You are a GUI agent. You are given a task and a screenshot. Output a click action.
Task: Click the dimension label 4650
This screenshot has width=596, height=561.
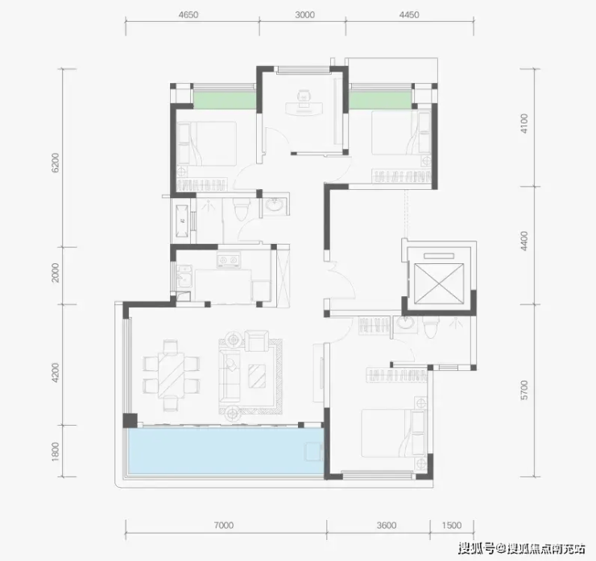(188, 14)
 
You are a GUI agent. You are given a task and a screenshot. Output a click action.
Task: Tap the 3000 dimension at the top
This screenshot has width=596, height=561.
(304, 14)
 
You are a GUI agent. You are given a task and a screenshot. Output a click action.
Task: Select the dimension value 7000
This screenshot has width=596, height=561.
(224, 526)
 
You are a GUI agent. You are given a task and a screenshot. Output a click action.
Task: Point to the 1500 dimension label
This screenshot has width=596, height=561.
(452, 526)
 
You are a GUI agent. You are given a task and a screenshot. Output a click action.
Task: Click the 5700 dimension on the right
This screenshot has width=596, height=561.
(524, 390)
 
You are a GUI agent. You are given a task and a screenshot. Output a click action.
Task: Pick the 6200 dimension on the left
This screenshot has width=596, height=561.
(56, 163)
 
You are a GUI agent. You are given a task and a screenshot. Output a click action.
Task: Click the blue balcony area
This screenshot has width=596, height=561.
(226, 451)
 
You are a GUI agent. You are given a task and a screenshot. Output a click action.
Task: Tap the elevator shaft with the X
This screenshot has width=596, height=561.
(439, 283)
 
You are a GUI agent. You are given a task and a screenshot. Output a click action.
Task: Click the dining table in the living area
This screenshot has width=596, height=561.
(171, 375)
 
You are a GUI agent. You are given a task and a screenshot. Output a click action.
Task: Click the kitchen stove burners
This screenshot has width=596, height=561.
(228, 260)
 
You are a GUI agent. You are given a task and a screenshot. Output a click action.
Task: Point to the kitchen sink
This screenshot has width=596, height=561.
(184, 278)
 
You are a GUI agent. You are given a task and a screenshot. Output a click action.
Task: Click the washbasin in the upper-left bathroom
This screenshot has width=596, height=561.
(274, 205)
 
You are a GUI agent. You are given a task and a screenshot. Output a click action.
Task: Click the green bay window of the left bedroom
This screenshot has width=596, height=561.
(224, 100)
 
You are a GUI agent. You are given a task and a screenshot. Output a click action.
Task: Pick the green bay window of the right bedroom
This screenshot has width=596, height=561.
(380, 100)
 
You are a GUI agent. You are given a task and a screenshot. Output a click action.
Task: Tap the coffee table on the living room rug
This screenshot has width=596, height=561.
(258, 376)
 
